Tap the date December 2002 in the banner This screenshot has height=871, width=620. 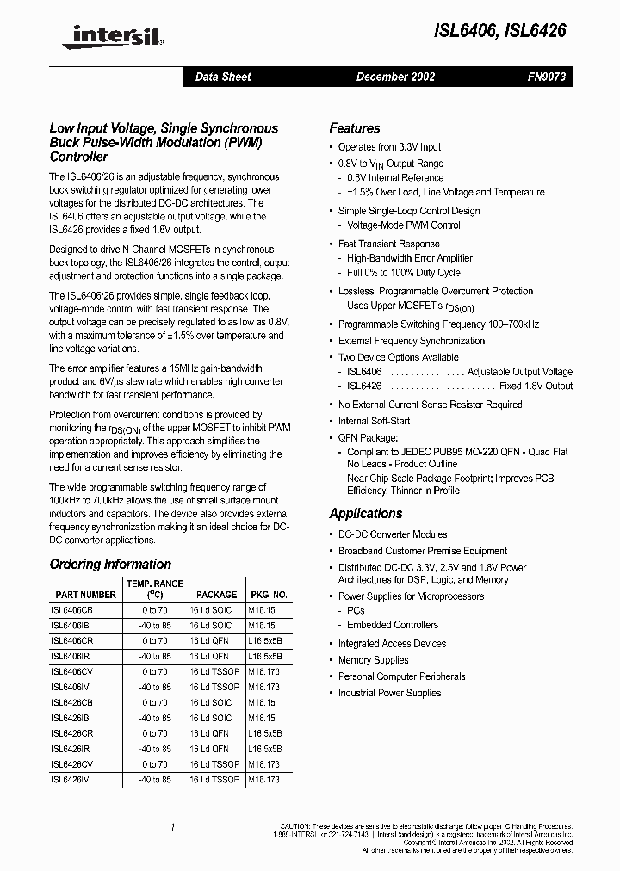tap(395, 77)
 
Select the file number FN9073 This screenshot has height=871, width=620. tap(545, 77)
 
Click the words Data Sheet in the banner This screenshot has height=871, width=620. tap(223, 77)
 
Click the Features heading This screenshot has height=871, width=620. tap(354, 127)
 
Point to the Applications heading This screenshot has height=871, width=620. tap(365, 513)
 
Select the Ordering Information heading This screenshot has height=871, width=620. tap(110, 565)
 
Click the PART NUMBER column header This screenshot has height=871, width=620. tap(85, 595)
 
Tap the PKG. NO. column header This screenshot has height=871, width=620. tap(268, 595)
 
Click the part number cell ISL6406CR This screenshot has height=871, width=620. tap(71, 641)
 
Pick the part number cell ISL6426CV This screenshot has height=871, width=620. tap(71, 764)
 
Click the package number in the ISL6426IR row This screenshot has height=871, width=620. tap(265, 749)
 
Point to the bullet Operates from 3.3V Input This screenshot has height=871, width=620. tap(389, 147)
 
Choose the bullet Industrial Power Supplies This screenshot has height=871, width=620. tap(389, 693)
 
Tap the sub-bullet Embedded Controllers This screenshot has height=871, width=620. tap(393, 625)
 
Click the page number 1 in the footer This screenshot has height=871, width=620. tap(173, 828)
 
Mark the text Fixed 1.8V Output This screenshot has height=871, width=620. tap(536, 386)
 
